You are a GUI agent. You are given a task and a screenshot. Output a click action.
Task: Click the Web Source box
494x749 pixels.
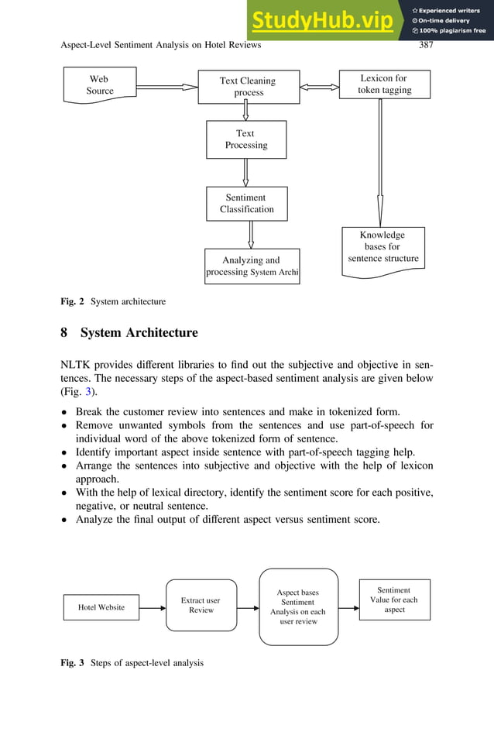tap(99, 85)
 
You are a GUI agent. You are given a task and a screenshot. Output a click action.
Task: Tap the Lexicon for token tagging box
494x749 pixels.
tap(384, 84)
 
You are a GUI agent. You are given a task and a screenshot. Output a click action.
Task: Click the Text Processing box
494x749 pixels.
tap(245, 139)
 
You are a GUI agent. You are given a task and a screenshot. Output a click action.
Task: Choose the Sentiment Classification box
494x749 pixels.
tap(246, 204)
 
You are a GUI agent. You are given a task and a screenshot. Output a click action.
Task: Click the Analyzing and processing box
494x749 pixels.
tap(252, 266)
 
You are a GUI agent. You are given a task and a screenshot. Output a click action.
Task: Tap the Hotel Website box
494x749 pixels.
tap(101, 607)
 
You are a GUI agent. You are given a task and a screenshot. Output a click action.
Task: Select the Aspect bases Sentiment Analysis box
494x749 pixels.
tap(298, 607)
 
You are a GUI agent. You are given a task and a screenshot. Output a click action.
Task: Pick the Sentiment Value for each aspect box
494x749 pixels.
tap(394, 600)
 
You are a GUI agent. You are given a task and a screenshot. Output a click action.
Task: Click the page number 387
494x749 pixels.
tap(425, 45)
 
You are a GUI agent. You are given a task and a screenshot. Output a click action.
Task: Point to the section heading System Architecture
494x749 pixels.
tap(139, 333)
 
